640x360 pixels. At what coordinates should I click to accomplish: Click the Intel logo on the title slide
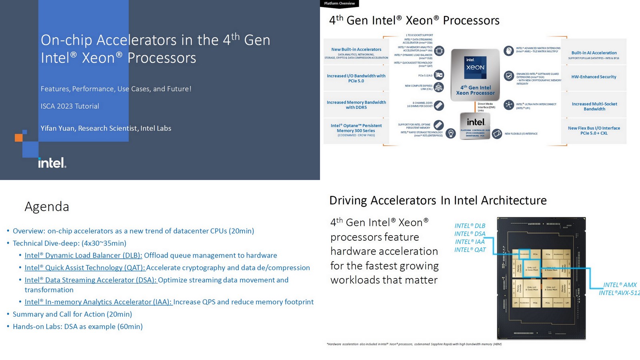(52, 163)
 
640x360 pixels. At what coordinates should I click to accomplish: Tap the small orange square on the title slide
(18, 138)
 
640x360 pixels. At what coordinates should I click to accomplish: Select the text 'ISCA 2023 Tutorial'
(70, 106)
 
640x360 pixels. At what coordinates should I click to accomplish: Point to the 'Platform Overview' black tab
(339, 4)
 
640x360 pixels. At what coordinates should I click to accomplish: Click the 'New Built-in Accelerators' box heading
(356, 50)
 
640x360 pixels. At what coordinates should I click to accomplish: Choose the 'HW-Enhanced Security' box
(594, 77)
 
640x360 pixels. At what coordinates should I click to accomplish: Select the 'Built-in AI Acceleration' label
(594, 53)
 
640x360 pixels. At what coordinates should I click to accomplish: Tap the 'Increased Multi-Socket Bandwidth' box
(594, 106)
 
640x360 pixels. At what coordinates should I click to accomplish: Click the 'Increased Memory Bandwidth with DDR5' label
(356, 105)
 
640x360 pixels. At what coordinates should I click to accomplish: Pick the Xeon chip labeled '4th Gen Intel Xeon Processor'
(475, 75)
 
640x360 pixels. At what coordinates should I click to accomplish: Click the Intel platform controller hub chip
(475, 126)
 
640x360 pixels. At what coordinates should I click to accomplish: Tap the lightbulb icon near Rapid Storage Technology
(451, 133)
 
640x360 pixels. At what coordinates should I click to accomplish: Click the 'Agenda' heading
(47, 206)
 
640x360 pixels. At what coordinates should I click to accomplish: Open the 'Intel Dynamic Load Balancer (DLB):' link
(83, 256)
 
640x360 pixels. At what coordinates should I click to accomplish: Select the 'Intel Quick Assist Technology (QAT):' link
(84, 268)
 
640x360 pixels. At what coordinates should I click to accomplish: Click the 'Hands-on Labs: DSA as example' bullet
(78, 327)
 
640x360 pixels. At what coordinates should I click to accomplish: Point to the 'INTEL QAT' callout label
(470, 250)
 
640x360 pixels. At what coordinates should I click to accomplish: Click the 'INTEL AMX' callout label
(620, 285)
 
